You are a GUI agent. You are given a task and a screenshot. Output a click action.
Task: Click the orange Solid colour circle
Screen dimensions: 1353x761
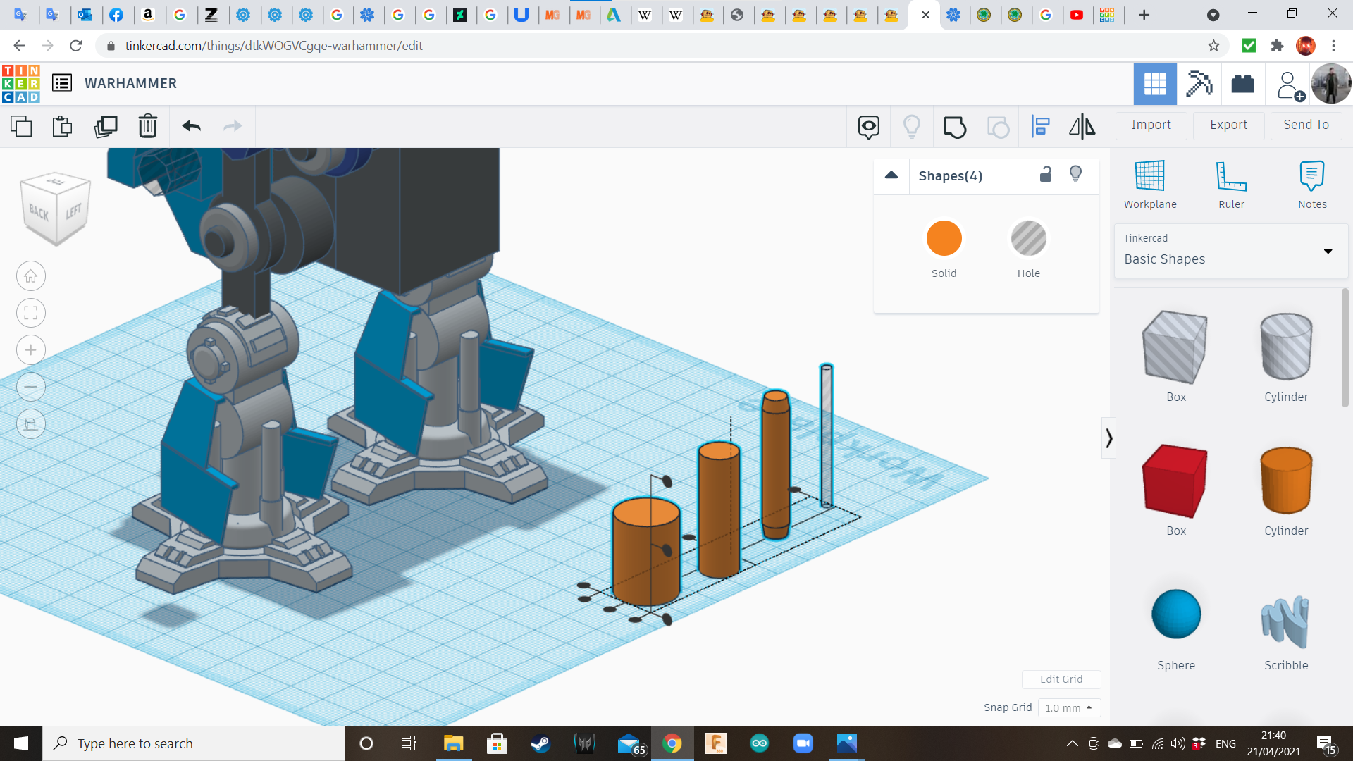(x=944, y=238)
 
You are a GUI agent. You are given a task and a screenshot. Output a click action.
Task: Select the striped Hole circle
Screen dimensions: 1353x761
(x=1028, y=238)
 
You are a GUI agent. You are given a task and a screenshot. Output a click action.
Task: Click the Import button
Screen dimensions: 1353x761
(x=1151, y=125)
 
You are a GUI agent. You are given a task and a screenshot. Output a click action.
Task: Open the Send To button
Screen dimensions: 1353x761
(x=1306, y=125)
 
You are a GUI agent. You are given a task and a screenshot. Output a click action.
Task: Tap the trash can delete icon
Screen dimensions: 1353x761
(x=147, y=126)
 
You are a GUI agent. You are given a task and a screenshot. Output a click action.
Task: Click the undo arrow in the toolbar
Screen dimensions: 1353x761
(x=191, y=126)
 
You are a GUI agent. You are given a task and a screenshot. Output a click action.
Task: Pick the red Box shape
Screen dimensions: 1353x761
(x=1175, y=481)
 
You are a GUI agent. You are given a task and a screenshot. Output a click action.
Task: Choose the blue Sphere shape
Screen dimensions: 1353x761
(x=1176, y=614)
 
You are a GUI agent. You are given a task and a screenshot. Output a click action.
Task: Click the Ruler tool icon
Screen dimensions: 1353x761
(x=1231, y=176)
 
